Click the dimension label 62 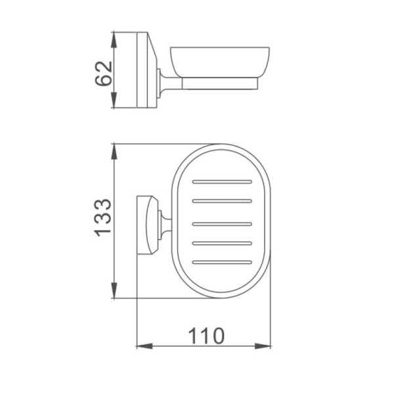(x=103, y=74)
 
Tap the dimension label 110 (x=206, y=336)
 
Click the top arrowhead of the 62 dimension (x=114, y=39)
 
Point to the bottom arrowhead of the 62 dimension (x=114, y=100)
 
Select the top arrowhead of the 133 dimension (x=114, y=151)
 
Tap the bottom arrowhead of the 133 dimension (x=114, y=290)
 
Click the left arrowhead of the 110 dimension (x=144, y=346)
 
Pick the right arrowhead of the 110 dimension (x=263, y=346)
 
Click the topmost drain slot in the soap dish (x=222, y=182)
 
